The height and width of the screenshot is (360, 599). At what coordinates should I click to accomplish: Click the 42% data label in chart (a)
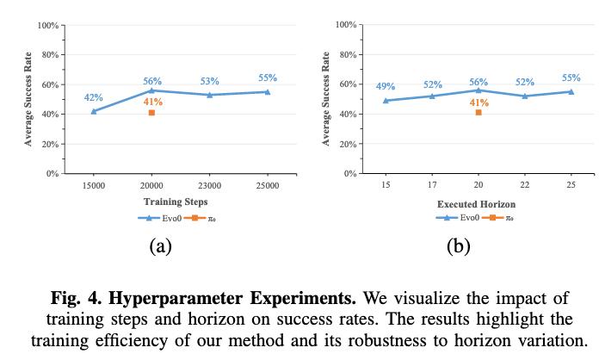click(93, 97)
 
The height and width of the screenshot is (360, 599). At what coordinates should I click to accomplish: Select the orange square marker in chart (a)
click(151, 113)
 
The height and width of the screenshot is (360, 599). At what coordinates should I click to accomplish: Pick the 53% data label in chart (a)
click(209, 82)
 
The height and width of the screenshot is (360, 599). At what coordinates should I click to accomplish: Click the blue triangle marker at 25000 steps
click(268, 91)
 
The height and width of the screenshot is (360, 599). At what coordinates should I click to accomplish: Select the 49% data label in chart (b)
click(386, 87)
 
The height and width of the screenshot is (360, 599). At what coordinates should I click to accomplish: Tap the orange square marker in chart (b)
click(479, 113)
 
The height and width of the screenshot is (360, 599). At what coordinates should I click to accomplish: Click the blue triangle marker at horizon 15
click(386, 101)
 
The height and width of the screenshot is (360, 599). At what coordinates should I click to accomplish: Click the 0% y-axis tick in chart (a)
click(52, 173)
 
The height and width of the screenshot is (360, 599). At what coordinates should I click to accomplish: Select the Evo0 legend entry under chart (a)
click(157, 219)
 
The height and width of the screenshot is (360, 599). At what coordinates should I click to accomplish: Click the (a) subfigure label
click(160, 247)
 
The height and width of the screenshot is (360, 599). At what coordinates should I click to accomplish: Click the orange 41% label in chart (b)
click(479, 102)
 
